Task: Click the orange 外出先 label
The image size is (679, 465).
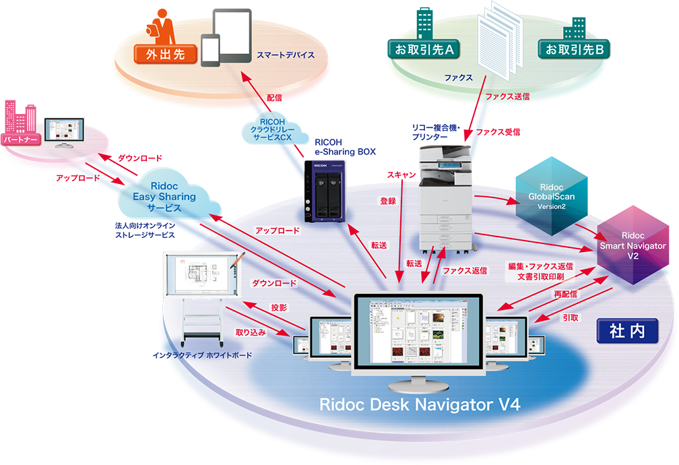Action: click(x=160, y=53)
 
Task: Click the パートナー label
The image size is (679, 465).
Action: click(x=21, y=139)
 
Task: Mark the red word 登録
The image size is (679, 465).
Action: click(x=388, y=200)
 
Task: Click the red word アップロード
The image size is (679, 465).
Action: click(x=277, y=230)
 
